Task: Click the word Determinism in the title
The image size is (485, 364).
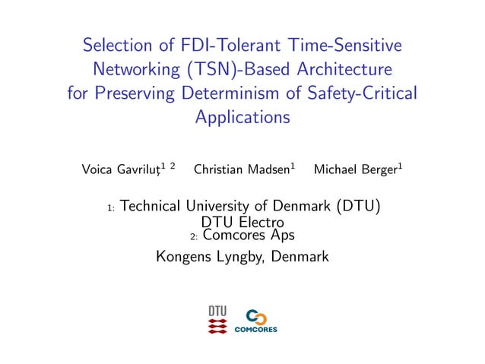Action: [265, 94]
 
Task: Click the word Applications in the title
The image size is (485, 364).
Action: [242, 118]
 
